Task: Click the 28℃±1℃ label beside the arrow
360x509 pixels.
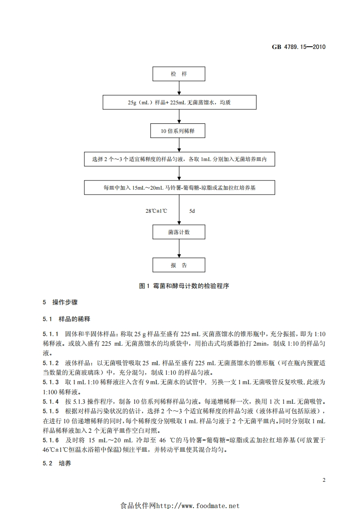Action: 156,211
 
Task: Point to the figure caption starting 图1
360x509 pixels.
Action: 180,286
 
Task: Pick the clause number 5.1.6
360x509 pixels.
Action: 51,440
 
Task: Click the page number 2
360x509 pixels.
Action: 324,480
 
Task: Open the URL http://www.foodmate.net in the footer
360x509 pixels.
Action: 197,506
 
